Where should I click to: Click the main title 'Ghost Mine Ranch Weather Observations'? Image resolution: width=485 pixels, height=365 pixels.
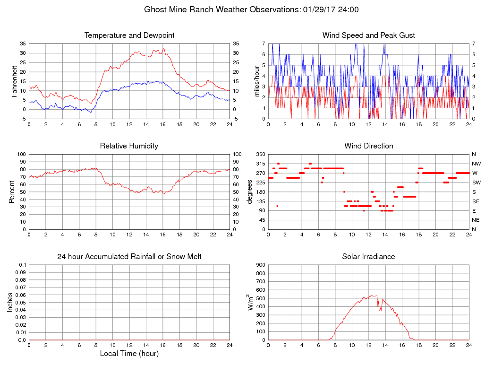coord(221,9)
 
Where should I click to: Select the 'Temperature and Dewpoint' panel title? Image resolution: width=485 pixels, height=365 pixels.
coord(129,35)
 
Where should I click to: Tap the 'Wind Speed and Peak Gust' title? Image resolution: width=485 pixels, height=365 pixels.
coord(368,35)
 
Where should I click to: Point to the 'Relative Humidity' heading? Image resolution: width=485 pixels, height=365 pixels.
coord(129,146)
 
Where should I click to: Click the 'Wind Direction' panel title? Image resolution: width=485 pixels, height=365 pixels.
coord(368,146)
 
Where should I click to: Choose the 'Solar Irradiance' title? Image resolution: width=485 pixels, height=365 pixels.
coord(368,257)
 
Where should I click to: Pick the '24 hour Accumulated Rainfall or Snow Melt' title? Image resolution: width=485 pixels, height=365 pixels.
coord(129,257)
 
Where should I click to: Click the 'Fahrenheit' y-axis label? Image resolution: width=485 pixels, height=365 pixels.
coord(15,81)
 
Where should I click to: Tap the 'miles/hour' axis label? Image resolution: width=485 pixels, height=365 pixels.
coord(257,81)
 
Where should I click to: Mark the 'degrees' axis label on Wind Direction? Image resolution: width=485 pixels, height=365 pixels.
coord(251,192)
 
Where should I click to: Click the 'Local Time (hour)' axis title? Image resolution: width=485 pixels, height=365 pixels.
coord(129,354)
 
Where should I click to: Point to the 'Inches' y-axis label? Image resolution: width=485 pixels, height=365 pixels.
coord(10,303)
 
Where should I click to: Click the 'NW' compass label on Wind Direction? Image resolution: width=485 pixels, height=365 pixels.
coord(474,164)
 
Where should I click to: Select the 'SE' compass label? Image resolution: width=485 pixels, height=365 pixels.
coord(474,201)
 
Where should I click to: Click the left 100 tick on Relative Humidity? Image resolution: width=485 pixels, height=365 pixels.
coord(21,155)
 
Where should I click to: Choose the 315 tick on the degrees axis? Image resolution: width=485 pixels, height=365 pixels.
coord(260,164)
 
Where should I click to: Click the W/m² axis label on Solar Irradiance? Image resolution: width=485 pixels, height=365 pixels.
coord(251,302)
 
